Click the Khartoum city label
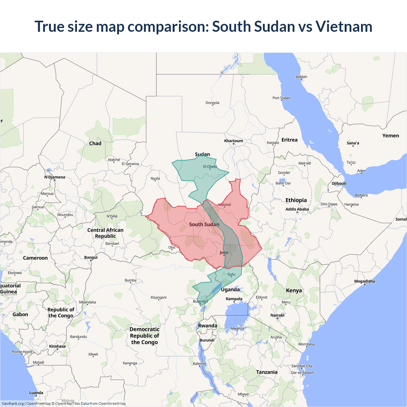[x=233, y=141]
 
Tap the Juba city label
[x=224, y=252]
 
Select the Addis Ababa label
[x=297, y=209]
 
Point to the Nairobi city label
[x=277, y=315]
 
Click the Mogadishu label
[x=364, y=281]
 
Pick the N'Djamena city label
[x=55, y=177]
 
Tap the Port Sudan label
[x=281, y=98]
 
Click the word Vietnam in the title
[x=344, y=26]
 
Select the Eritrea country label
[x=289, y=140]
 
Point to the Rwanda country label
[x=208, y=326]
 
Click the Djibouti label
[x=339, y=183]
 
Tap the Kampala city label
[x=234, y=299]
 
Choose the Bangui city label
[x=91, y=258]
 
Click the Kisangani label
[x=158, y=298]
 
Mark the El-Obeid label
[x=210, y=167]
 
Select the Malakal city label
[x=224, y=204]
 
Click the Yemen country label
[x=390, y=136]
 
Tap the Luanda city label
[x=36, y=393]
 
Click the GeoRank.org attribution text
[x=13, y=404]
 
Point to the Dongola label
[x=212, y=103]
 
